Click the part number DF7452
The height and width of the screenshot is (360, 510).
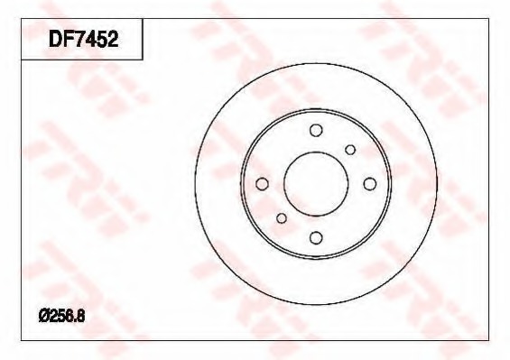pyautogui.click(x=83, y=40)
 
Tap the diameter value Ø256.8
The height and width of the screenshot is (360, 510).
pyautogui.click(x=61, y=316)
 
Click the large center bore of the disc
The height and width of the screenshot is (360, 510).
pyautogui.click(x=316, y=184)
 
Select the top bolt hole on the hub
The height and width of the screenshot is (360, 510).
pyautogui.click(x=316, y=130)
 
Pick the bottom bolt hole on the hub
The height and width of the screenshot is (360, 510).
pyautogui.click(x=316, y=237)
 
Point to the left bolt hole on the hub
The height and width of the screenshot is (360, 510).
pyautogui.click(x=262, y=184)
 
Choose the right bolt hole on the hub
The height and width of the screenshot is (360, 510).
pyautogui.click(x=369, y=184)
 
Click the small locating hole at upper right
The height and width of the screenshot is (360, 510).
pyautogui.click(x=350, y=150)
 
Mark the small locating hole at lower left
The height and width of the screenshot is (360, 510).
pyautogui.click(x=282, y=217)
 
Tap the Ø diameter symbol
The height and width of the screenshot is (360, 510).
pyautogui.click(x=43, y=316)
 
